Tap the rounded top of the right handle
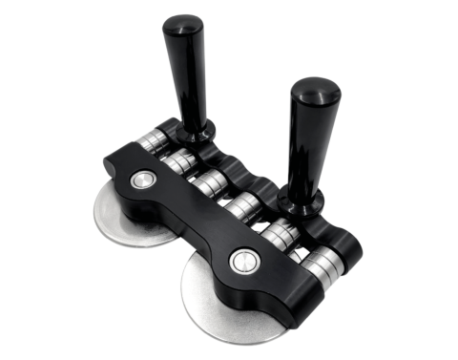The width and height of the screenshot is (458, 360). pyautogui.click(x=315, y=92)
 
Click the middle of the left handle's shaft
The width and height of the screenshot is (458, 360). pyautogui.click(x=192, y=81)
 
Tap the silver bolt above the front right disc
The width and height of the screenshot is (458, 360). pyautogui.click(x=244, y=260)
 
